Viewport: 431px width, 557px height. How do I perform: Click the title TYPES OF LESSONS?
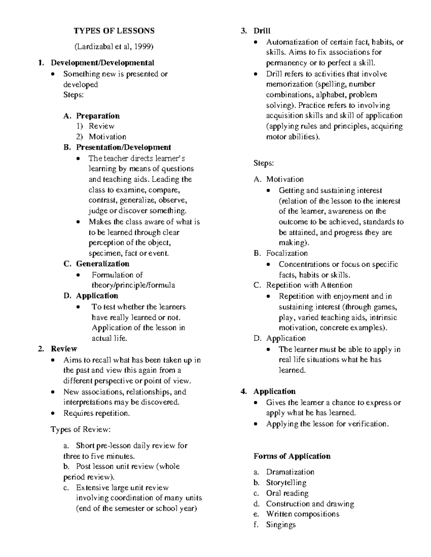114,31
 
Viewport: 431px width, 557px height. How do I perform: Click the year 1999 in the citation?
144,46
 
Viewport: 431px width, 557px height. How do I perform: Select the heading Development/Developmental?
102,63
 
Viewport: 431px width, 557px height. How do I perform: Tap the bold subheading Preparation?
98,116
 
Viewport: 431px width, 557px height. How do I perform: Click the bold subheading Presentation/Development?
123,147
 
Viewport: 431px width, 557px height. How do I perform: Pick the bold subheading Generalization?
102,264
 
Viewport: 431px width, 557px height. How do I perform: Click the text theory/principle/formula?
133,285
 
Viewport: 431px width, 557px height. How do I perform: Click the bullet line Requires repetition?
96,413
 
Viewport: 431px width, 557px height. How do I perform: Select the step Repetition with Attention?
309,285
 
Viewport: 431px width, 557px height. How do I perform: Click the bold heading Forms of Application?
292,456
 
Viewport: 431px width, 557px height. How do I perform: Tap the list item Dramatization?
290,472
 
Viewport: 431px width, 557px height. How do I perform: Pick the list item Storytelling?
286,483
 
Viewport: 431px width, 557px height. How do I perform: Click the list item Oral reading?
287,493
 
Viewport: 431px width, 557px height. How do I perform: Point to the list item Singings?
281,525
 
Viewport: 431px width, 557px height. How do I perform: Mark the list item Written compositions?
302,514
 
